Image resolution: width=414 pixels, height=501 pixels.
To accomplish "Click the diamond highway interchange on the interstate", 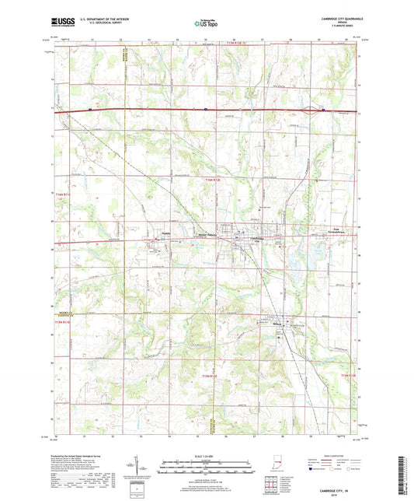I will coord(314,110).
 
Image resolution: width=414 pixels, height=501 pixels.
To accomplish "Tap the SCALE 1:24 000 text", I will coord(206,456).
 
